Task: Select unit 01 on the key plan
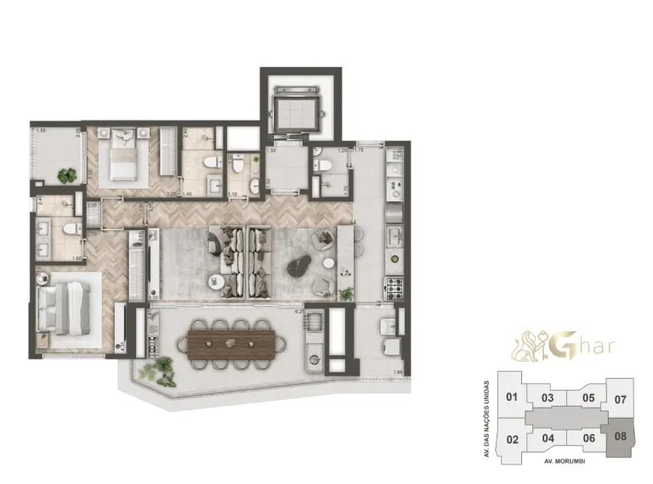(x=512, y=397)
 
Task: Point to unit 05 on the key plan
(x=588, y=397)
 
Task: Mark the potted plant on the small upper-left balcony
(x=66, y=175)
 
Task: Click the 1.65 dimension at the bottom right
(x=400, y=371)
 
